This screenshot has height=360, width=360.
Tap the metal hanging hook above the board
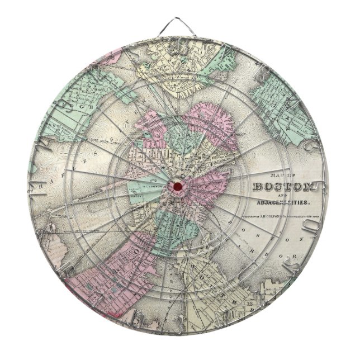179,22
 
